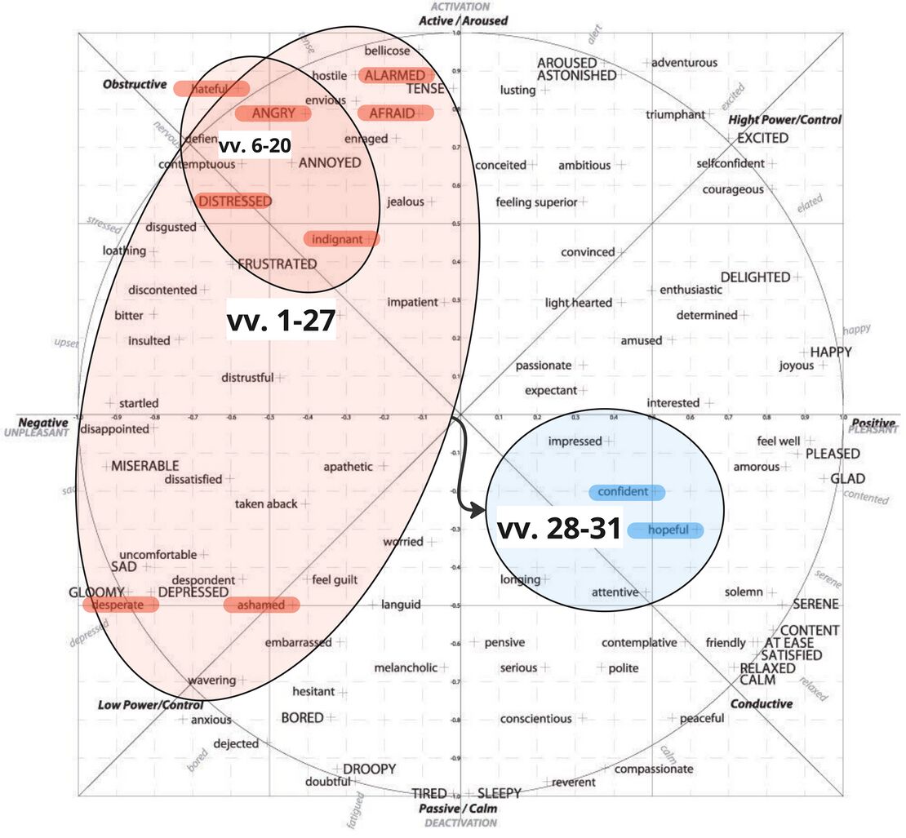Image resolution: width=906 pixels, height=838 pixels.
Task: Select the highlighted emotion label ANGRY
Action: tap(273, 113)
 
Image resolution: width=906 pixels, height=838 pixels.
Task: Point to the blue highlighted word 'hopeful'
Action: tap(667, 530)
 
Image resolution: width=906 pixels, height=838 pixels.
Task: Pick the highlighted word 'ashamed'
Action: tap(261, 605)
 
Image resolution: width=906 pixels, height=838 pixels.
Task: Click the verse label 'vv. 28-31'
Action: tap(559, 529)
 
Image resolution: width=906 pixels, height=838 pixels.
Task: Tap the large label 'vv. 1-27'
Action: tap(280, 321)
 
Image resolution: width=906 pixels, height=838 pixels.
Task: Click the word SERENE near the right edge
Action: tap(815, 605)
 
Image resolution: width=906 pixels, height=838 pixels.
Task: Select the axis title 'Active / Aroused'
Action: tap(463, 20)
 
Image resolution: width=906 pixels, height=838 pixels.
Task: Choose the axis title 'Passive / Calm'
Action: tap(457, 809)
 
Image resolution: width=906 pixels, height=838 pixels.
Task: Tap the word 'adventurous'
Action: tap(684, 62)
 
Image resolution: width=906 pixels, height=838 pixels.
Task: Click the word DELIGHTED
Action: tap(755, 277)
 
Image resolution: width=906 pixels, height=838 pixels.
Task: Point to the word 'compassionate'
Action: tap(653, 769)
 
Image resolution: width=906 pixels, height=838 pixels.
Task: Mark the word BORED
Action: tap(302, 718)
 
